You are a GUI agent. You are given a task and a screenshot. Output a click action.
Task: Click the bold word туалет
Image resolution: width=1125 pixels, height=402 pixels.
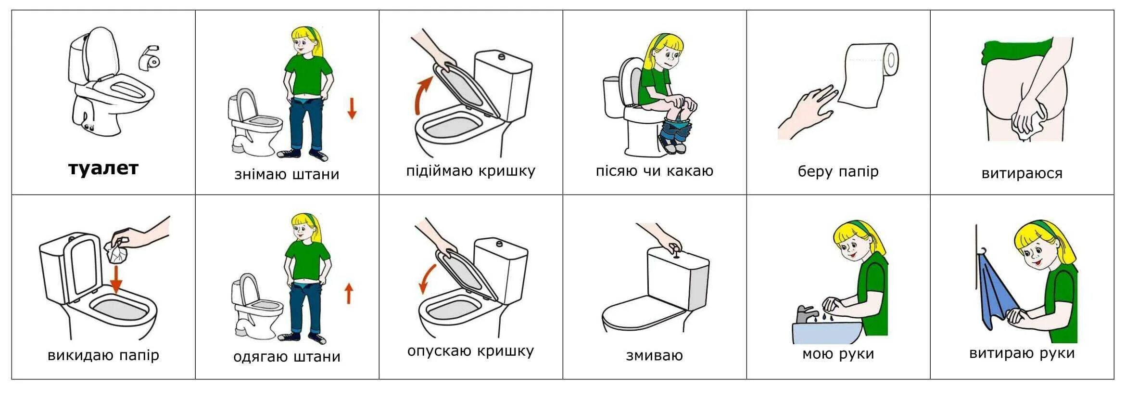tap(103, 169)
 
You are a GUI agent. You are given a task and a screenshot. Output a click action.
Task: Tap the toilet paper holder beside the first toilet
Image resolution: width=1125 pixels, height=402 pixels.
tap(150, 57)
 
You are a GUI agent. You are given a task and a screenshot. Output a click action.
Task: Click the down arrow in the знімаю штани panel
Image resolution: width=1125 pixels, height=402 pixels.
tap(352, 108)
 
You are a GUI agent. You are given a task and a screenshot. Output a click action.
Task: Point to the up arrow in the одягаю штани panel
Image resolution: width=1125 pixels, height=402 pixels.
tap(349, 293)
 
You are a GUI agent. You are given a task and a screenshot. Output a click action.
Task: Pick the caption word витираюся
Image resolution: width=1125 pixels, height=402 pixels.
tap(1022, 173)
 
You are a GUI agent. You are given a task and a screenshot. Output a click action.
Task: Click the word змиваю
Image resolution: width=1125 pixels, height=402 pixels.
tap(655, 356)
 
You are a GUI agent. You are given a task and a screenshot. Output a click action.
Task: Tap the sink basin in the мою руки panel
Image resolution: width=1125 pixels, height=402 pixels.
tap(827, 332)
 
